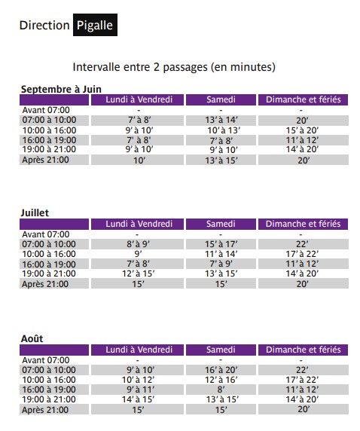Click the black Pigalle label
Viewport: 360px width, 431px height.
click(95, 25)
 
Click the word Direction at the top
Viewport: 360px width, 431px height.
click(44, 25)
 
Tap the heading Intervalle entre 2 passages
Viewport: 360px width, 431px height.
click(174, 67)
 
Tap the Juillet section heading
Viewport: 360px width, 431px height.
click(34, 213)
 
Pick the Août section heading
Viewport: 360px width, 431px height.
click(32, 338)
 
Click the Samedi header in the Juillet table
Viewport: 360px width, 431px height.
click(221, 224)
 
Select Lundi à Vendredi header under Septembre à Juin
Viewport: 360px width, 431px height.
click(139, 99)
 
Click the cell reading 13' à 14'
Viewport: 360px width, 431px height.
click(221, 120)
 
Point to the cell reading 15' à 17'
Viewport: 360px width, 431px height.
click(221, 244)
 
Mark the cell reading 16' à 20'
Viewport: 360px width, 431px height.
click(221, 369)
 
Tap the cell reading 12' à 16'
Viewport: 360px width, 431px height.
click(221, 379)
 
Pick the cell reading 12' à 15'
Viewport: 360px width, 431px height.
click(139, 274)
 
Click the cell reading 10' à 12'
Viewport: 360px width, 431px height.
click(139, 379)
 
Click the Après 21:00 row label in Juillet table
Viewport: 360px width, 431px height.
click(44, 283)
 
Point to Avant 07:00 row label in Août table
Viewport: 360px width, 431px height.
click(45, 359)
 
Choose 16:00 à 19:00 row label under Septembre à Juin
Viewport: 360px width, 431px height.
click(50, 139)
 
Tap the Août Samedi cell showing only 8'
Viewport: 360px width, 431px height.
click(221, 389)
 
